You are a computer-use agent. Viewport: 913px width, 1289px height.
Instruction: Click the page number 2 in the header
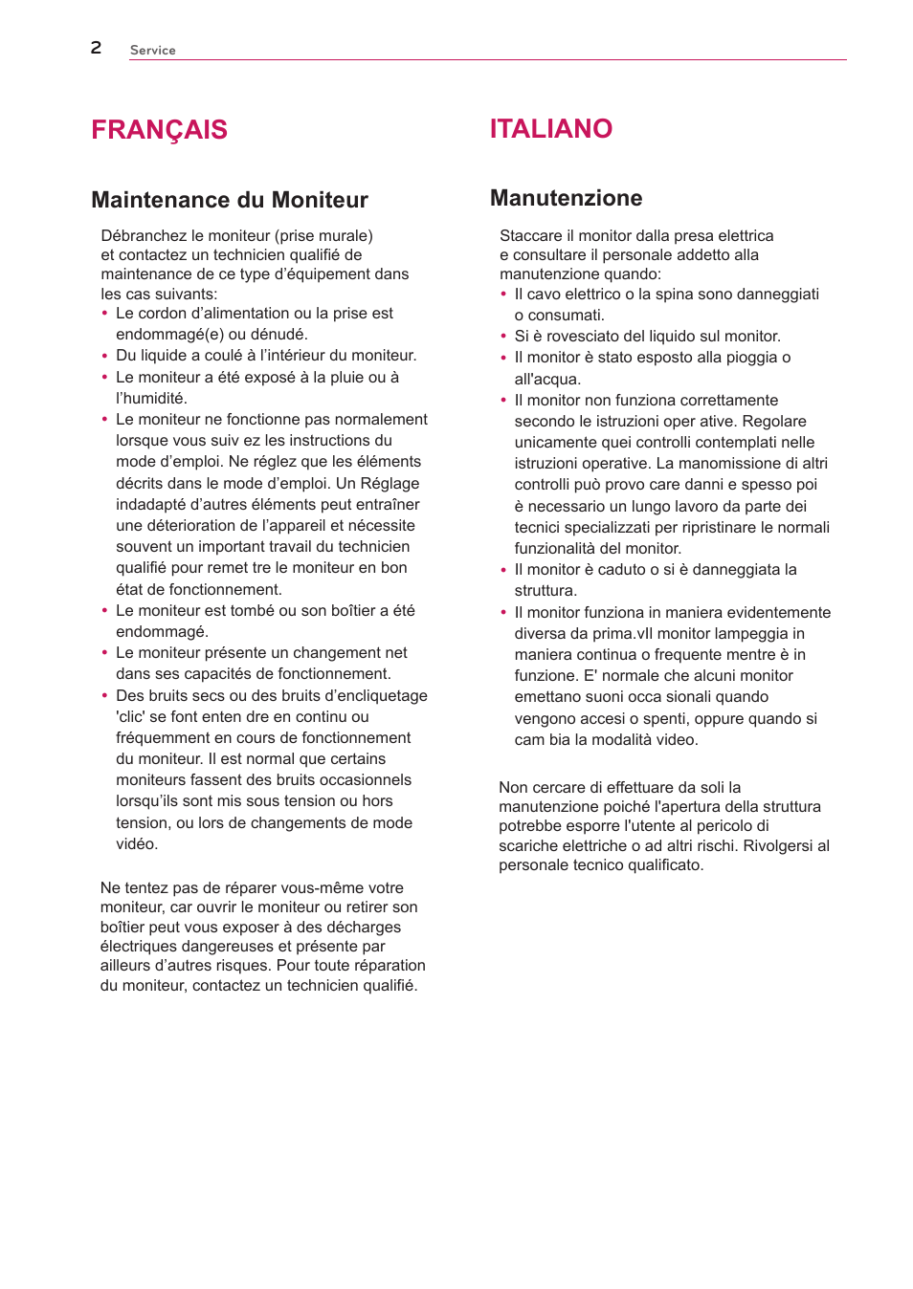coord(96,48)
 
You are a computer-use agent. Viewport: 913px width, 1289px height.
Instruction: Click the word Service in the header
coord(152,50)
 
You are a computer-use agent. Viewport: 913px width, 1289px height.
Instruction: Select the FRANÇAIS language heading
coord(159,130)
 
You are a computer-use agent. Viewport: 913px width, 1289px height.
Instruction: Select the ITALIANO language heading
coord(550,129)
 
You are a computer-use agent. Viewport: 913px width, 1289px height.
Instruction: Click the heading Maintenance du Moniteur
coord(230,200)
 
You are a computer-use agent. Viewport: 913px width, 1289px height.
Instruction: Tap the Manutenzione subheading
coord(566,198)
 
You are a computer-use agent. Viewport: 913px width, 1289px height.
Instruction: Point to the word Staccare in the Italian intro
coord(530,236)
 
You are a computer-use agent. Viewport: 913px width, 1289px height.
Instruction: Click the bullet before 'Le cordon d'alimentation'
coord(105,314)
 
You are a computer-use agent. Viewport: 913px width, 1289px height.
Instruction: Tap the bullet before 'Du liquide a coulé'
coord(105,356)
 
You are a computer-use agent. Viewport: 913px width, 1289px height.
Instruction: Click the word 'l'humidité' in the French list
coord(151,399)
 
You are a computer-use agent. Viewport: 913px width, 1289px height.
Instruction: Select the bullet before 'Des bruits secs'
coord(105,696)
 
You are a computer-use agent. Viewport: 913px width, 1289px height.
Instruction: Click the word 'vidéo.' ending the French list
coord(137,844)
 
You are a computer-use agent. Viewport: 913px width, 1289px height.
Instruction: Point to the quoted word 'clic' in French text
coord(132,717)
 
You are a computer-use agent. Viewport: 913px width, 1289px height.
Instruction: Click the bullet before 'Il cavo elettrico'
coord(503,295)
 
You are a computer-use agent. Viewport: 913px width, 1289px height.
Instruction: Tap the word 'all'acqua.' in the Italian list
coord(547,380)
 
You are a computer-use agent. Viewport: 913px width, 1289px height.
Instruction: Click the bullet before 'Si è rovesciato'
coord(503,337)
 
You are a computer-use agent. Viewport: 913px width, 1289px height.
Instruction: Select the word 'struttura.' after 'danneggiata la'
coord(546,591)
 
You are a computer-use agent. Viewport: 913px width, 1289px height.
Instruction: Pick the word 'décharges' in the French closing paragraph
coord(364,928)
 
